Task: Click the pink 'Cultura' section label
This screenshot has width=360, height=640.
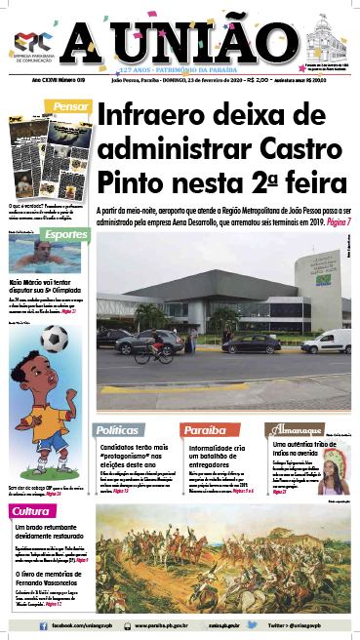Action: coord(31,512)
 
